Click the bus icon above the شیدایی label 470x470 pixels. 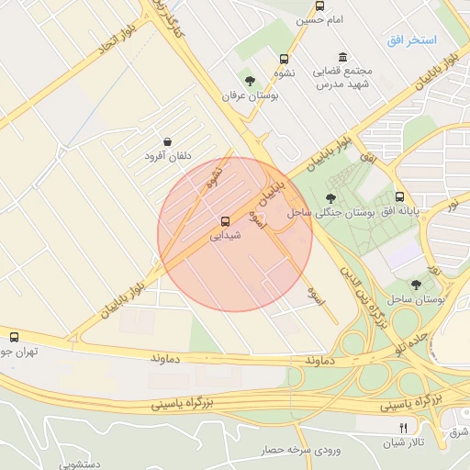pyautogui.click(x=225, y=221)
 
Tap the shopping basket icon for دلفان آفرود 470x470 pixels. pyautogui.click(x=167, y=142)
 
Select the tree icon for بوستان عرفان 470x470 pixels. pyautogui.click(x=250, y=81)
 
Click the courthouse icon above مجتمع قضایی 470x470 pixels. pyautogui.click(x=342, y=56)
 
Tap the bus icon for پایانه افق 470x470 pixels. pyautogui.click(x=399, y=196)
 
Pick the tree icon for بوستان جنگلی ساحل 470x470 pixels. pyautogui.click(x=331, y=197)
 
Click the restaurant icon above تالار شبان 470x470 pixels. pyautogui.click(x=403, y=428)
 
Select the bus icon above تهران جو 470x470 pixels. pyautogui.click(x=13, y=337)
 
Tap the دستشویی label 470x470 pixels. pyautogui.click(x=84, y=465)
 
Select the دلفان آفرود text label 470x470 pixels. pyautogui.click(x=167, y=157)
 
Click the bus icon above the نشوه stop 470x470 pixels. pyautogui.click(x=285, y=56)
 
